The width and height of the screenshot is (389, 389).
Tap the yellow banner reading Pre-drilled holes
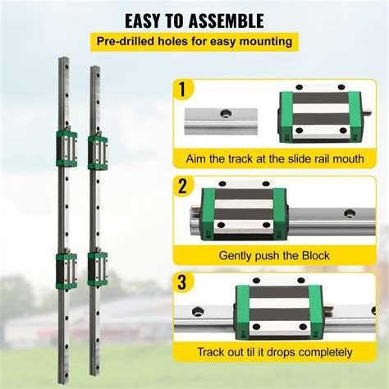(x=194, y=40)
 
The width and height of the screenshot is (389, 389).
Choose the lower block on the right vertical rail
(x=96, y=268)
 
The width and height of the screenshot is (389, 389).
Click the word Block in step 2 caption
(x=314, y=256)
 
